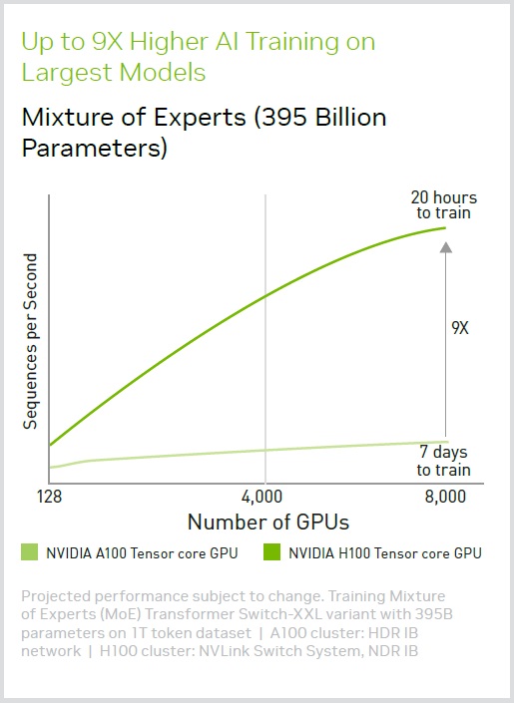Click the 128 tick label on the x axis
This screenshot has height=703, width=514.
pyautogui.click(x=49, y=497)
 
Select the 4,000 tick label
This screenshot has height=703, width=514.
pyautogui.click(x=261, y=497)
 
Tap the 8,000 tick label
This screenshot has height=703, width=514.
pyautogui.click(x=445, y=497)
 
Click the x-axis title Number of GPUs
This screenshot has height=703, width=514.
pyautogui.click(x=268, y=522)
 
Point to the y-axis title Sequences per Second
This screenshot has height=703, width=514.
pyautogui.click(x=30, y=342)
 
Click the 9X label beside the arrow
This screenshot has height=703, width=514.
pyautogui.click(x=460, y=328)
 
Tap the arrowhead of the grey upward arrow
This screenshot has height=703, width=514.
pyautogui.click(x=446, y=247)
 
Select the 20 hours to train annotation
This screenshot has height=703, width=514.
pyautogui.click(x=444, y=204)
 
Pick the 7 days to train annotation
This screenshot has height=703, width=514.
pyautogui.click(x=443, y=461)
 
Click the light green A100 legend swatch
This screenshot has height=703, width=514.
pyautogui.click(x=30, y=551)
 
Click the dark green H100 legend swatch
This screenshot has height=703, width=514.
pyautogui.click(x=272, y=551)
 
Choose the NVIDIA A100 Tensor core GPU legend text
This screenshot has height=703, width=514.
pyautogui.click(x=142, y=553)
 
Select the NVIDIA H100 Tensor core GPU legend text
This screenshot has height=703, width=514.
pyautogui.click(x=385, y=553)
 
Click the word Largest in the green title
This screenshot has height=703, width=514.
pyautogui.click(x=67, y=73)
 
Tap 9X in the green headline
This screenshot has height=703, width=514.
pyautogui.click(x=107, y=42)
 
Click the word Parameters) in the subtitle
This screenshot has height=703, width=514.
pyautogui.click(x=94, y=148)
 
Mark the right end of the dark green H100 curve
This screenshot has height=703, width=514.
pyautogui.click(x=446, y=227)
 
